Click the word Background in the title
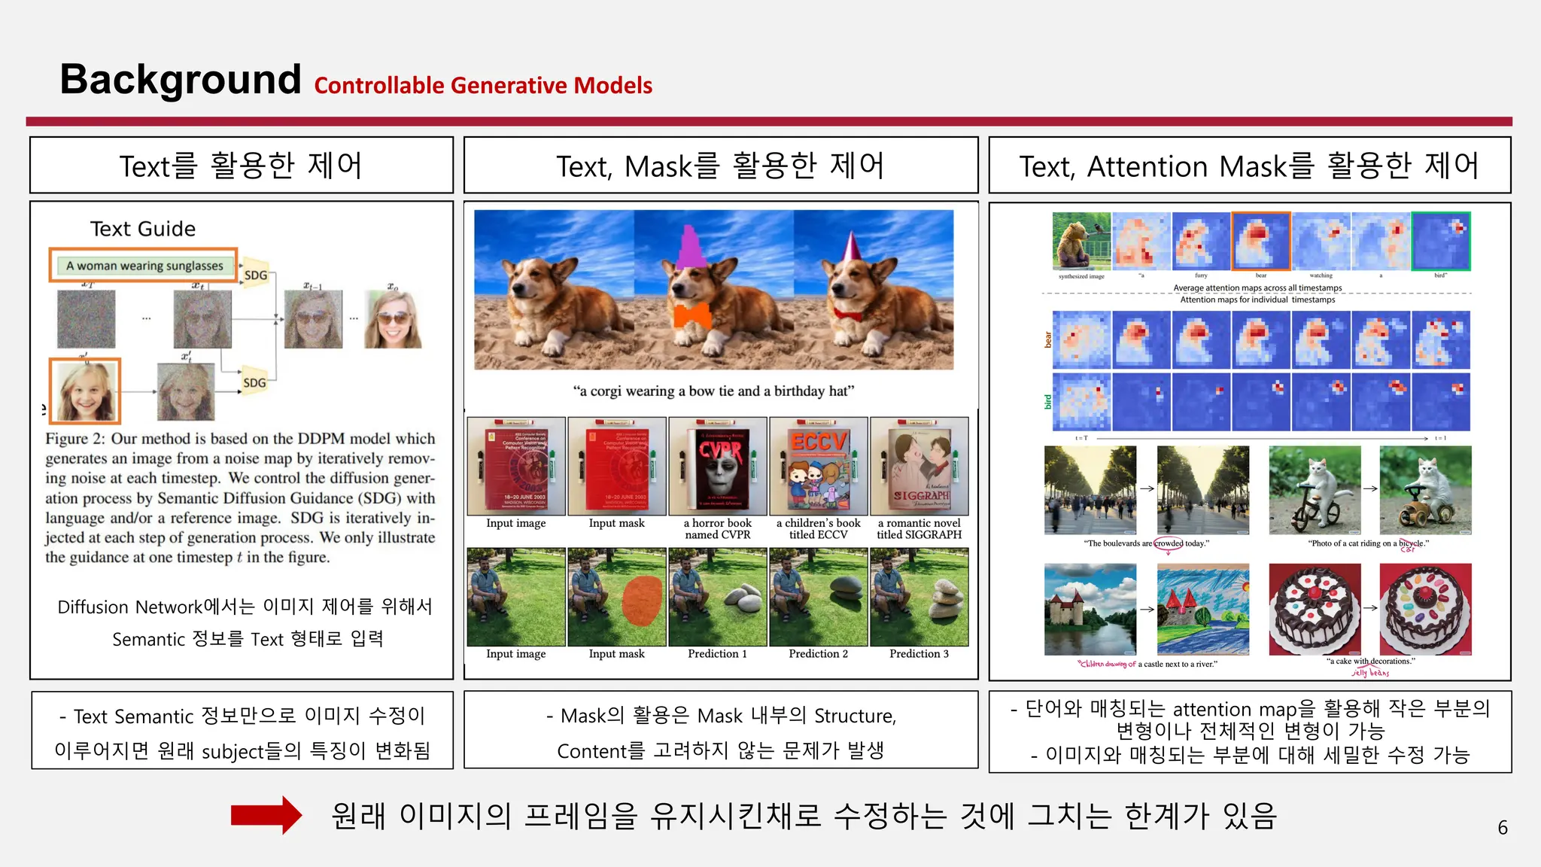(x=181, y=79)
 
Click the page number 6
(x=1502, y=828)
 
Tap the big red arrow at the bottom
(x=266, y=815)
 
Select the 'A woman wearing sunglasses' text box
(x=144, y=266)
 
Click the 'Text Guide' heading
(x=143, y=229)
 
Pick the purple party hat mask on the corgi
(x=691, y=245)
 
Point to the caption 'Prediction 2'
(x=818, y=654)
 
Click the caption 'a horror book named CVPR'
(x=717, y=529)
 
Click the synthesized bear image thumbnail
(x=1081, y=241)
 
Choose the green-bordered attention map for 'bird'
(x=1441, y=241)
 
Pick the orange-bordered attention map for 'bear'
(x=1261, y=241)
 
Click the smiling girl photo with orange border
(x=85, y=391)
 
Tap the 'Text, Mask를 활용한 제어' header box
(x=720, y=166)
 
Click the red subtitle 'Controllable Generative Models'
(x=483, y=86)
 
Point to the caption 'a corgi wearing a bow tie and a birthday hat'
(x=713, y=391)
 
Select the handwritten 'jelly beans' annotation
(x=1370, y=673)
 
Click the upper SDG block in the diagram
(x=256, y=275)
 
